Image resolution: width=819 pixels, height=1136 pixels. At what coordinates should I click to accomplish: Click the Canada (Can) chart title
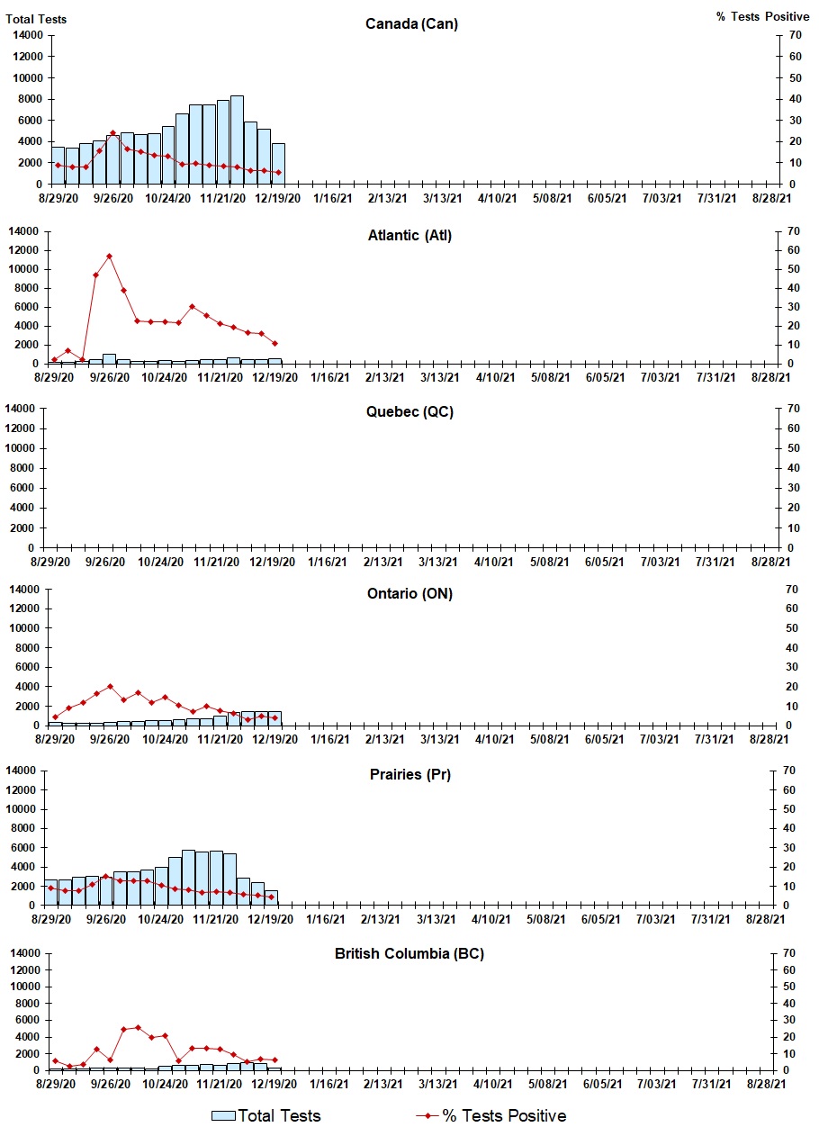411,23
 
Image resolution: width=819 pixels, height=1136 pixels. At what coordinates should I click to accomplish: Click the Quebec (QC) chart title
409,412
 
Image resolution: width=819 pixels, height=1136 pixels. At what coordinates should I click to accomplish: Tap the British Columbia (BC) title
409,953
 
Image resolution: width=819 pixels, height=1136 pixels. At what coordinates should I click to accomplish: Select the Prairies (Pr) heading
409,774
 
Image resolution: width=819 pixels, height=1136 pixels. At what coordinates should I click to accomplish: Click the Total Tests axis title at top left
36,18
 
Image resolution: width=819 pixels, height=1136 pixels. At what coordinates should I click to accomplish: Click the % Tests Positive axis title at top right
763,16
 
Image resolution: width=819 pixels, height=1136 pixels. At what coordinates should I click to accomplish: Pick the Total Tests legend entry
266,1115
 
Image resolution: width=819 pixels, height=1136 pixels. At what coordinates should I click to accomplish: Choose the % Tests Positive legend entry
491,1115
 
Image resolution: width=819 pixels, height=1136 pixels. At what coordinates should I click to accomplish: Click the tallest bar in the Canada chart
237,140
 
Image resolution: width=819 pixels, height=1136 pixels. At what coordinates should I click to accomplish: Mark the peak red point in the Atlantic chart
110,257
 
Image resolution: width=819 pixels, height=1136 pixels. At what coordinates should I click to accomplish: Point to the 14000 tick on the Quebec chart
26,409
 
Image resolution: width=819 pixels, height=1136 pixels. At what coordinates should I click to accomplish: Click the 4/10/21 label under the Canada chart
498,198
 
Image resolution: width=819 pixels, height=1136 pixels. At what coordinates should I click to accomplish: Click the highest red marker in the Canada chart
112,133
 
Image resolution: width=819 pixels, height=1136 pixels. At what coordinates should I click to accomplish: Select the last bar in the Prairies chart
271,897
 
